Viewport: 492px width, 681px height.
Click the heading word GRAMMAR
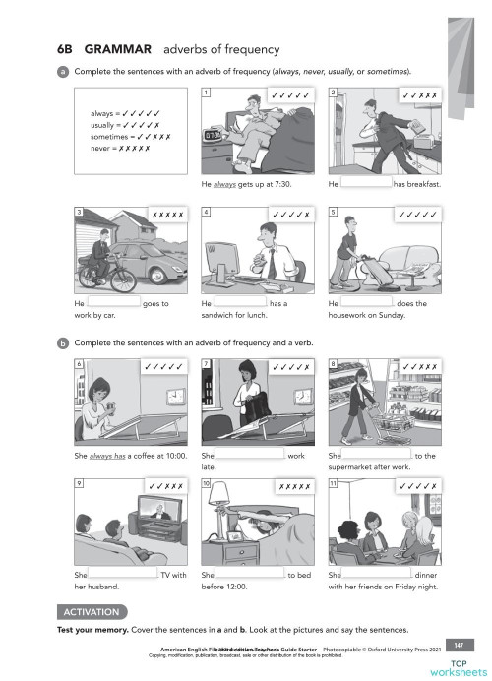coord(117,49)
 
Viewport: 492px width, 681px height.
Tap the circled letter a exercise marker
coord(63,72)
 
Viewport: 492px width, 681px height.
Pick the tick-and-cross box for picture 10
coord(293,485)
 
